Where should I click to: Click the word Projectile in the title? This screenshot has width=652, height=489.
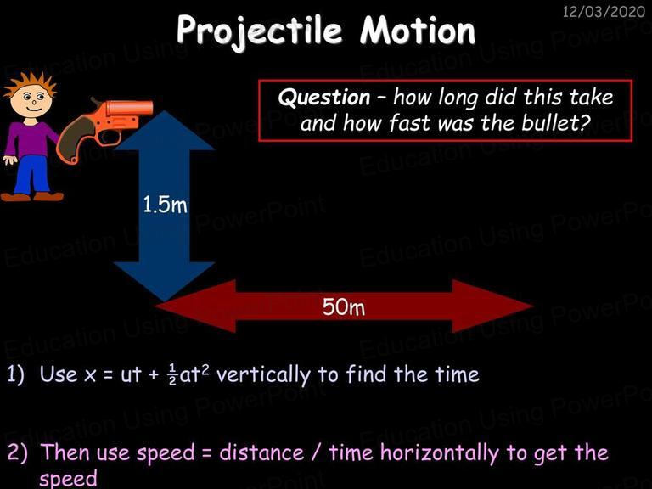(x=260, y=31)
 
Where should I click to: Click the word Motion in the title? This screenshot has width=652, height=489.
(x=418, y=30)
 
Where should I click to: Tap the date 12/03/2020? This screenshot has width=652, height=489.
(x=604, y=11)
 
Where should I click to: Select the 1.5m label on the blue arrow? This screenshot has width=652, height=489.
(x=165, y=205)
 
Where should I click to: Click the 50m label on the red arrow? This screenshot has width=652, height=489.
(x=344, y=306)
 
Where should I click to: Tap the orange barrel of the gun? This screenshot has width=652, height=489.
(x=129, y=108)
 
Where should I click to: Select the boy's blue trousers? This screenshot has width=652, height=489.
(x=31, y=175)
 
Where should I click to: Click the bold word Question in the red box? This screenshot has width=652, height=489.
(x=324, y=98)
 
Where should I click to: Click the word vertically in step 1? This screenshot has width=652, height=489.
(x=264, y=374)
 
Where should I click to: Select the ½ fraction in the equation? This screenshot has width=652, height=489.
(x=172, y=374)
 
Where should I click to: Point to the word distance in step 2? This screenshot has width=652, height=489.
(x=261, y=452)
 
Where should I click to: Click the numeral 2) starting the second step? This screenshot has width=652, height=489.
(x=18, y=452)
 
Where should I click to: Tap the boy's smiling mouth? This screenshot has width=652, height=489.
(x=33, y=110)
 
